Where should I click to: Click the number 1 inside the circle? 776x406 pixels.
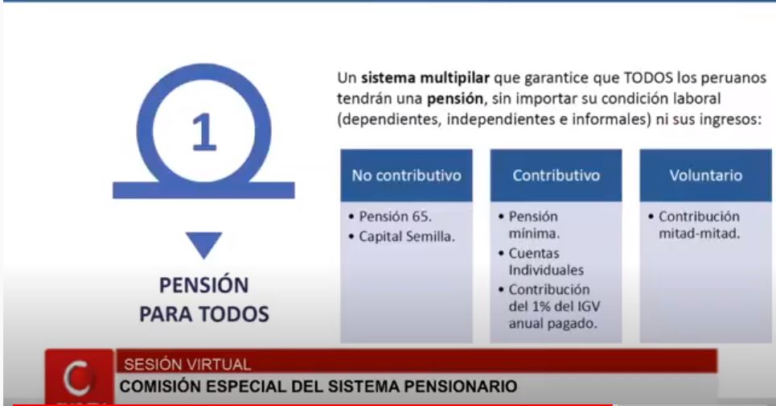[204, 132]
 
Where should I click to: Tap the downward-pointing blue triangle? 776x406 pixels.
[204, 244]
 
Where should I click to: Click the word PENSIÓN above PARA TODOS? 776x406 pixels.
[204, 285]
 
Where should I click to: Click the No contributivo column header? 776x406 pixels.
[406, 176]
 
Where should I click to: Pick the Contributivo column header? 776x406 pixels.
[556, 176]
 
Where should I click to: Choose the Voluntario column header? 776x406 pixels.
[706, 176]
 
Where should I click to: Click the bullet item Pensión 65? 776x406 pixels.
[395, 217]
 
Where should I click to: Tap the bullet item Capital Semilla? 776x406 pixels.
[406, 237]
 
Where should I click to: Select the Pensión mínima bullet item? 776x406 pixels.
[534, 225]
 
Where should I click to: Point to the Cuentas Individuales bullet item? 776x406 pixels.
[546, 262]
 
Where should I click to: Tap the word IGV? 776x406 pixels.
[589, 307]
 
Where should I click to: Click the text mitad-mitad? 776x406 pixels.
[700, 234]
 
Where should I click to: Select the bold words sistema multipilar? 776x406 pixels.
[425, 78]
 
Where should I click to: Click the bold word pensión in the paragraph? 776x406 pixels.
[455, 99]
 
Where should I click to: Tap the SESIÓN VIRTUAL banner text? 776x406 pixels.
[187, 365]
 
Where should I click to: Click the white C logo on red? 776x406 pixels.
[78, 379]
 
